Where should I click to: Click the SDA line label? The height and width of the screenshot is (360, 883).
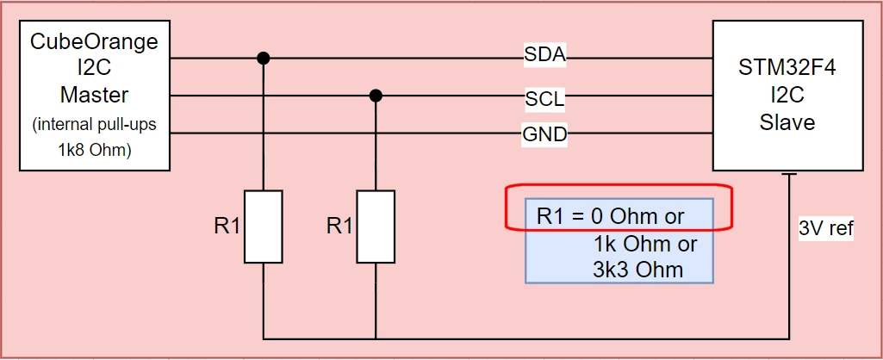tap(544, 55)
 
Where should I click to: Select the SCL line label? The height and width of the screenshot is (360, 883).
tap(544, 99)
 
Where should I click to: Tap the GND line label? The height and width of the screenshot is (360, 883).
tap(544, 135)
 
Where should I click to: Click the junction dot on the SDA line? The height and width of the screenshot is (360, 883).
tap(263, 58)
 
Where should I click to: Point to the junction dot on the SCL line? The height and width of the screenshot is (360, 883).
tap(376, 96)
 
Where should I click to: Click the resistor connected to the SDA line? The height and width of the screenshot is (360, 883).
tap(263, 227)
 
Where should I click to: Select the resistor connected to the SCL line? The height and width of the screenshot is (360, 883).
tap(376, 227)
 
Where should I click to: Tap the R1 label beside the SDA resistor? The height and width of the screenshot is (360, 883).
tap(227, 227)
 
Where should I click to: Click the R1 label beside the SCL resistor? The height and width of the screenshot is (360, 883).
tap(339, 227)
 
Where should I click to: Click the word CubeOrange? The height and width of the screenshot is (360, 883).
tap(95, 42)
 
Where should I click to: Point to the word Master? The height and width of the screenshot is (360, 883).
tap(95, 95)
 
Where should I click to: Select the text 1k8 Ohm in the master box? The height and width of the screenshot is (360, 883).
tap(95, 151)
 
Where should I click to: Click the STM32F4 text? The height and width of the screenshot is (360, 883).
tap(787, 71)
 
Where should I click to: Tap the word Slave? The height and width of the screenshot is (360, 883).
tap(787, 122)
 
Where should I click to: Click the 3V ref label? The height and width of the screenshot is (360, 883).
tap(826, 229)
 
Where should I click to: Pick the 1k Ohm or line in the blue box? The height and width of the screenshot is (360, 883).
tap(644, 244)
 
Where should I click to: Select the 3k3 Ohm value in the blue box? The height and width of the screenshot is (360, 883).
tap(638, 270)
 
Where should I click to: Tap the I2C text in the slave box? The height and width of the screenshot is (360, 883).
tap(787, 96)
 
